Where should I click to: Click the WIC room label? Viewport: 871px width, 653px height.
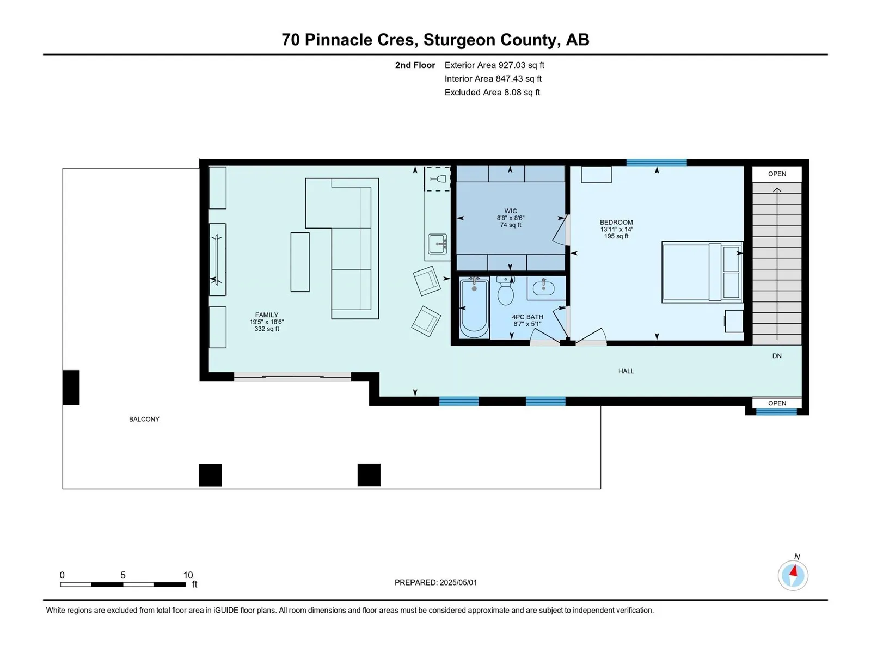pyautogui.click(x=510, y=211)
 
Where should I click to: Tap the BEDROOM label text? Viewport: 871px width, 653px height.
pyautogui.click(x=616, y=223)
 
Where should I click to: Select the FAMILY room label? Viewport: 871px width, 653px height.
pyautogui.click(x=266, y=315)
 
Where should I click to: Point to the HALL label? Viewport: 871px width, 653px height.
pyautogui.click(x=626, y=371)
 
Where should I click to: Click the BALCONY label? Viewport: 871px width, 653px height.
pyautogui.click(x=144, y=419)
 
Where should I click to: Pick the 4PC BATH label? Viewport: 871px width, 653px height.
pyautogui.click(x=527, y=317)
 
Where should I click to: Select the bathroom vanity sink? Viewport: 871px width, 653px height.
pyautogui.click(x=543, y=287)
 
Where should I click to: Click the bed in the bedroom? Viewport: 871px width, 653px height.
pyautogui.click(x=702, y=272)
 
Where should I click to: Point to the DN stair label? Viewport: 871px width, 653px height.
pyautogui.click(x=777, y=356)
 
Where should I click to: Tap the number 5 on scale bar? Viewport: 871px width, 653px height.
pyautogui.click(x=123, y=575)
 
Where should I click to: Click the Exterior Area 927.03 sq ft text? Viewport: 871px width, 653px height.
pyautogui.click(x=494, y=65)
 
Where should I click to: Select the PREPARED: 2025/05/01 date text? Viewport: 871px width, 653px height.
pyautogui.click(x=436, y=582)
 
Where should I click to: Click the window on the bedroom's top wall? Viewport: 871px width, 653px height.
pyautogui.click(x=657, y=162)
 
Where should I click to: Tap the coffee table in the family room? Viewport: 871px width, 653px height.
pyautogui.click(x=299, y=262)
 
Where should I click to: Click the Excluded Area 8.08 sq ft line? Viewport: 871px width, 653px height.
pyautogui.click(x=492, y=92)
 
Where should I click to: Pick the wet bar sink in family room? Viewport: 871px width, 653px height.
pyautogui.click(x=437, y=244)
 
